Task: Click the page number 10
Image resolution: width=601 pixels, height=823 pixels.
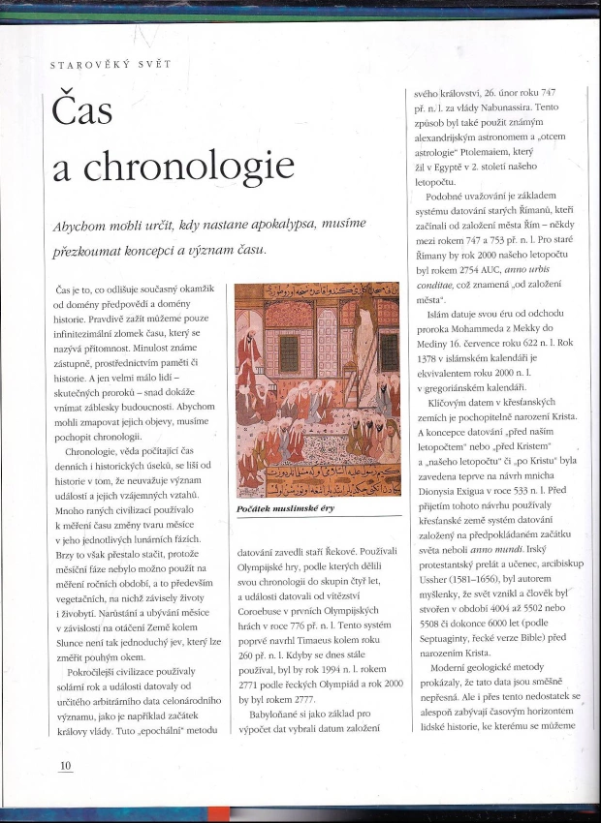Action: [x=65, y=765]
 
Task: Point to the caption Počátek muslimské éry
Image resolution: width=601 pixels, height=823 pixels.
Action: [x=288, y=508]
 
